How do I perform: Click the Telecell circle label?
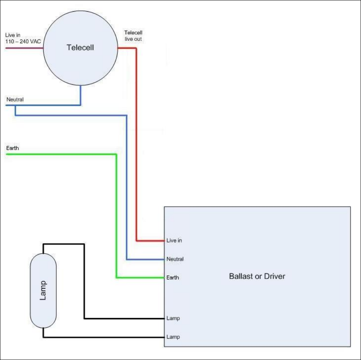point(80,48)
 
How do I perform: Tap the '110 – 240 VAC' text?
point(23,41)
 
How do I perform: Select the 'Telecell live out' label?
point(133,36)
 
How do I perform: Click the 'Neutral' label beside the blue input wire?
point(15,100)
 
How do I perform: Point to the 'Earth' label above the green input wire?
point(12,148)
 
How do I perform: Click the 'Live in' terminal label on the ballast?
point(174,240)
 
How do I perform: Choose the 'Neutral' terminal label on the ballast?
point(175,259)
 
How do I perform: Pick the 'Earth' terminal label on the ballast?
point(173,278)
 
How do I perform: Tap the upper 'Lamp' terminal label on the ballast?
point(173,318)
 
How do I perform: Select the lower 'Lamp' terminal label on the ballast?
point(173,337)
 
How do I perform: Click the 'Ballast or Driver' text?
point(257,276)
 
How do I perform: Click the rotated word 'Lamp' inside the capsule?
point(43,290)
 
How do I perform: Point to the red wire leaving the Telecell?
point(136,150)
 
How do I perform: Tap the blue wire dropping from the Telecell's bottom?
point(81,96)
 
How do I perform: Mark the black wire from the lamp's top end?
point(84,281)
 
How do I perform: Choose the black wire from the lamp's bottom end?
point(105,337)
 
